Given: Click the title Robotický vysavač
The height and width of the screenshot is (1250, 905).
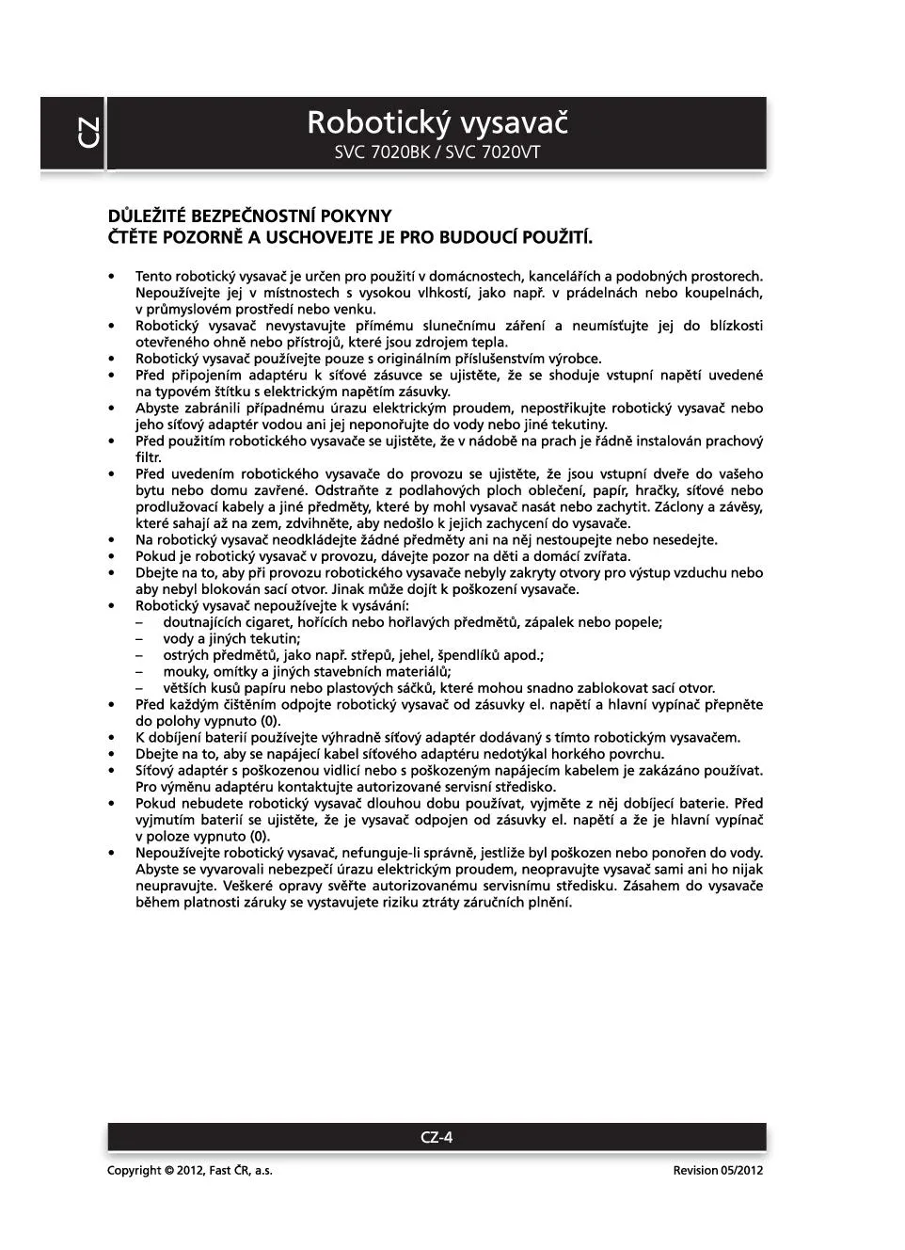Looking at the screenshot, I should point(437,122).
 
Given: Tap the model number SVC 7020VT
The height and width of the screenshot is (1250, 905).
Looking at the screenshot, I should point(493,152).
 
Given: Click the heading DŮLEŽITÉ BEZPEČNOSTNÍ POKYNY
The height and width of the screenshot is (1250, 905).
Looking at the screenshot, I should point(249,216).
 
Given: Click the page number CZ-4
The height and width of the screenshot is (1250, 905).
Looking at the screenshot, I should point(437,1137).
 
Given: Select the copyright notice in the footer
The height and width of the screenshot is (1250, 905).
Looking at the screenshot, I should point(190,1170).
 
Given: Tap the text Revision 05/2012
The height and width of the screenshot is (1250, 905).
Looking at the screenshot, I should point(718,1170).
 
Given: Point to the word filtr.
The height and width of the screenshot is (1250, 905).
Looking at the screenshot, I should point(149,457).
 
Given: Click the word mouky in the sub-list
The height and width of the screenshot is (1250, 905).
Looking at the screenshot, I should point(184,671).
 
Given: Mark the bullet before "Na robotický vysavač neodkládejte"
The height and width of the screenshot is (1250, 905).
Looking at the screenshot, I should point(112,540).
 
